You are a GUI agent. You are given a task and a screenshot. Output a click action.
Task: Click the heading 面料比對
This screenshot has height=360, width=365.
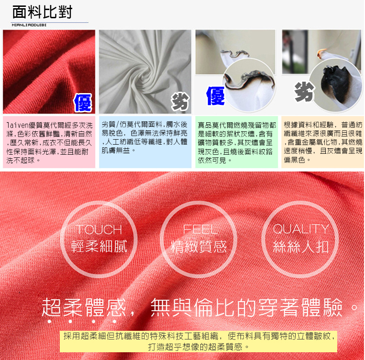point(42,12)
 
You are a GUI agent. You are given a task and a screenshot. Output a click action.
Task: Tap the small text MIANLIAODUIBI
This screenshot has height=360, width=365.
point(29,25)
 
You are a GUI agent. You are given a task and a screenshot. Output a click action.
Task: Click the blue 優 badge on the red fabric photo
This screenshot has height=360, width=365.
point(83,103)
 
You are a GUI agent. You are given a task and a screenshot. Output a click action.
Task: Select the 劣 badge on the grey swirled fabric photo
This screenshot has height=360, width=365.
point(180,101)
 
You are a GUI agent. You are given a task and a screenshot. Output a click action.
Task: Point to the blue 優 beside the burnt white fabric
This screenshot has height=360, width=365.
point(215,96)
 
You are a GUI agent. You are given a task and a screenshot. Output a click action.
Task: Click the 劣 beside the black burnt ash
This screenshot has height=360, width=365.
point(304,92)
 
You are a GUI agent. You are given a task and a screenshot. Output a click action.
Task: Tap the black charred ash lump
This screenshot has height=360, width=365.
point(335,83)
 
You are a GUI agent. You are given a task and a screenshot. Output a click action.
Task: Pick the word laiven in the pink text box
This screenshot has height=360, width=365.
point(18,125)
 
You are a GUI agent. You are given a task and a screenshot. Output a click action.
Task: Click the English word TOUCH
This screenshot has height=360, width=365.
point(99,230)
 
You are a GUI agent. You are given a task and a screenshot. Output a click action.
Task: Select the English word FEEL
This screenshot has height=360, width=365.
point(200,229)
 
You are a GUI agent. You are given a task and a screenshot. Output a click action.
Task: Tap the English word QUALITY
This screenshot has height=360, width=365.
point(301,229)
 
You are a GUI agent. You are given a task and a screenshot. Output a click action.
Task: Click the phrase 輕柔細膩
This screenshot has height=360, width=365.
point(99,246)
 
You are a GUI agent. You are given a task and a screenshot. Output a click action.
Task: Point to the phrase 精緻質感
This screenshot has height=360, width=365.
point(198,246)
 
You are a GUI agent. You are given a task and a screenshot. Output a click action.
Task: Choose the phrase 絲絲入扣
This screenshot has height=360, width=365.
point(301,246)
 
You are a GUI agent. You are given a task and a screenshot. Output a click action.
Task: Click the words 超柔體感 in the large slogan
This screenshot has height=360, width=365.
point(84,307)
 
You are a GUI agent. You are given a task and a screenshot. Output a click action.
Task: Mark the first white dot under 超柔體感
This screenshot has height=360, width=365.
point(49,321)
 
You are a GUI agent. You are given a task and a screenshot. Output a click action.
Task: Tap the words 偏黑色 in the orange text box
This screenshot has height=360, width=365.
point(294,160)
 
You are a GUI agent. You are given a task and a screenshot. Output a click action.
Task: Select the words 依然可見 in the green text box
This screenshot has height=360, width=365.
point(212,160)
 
